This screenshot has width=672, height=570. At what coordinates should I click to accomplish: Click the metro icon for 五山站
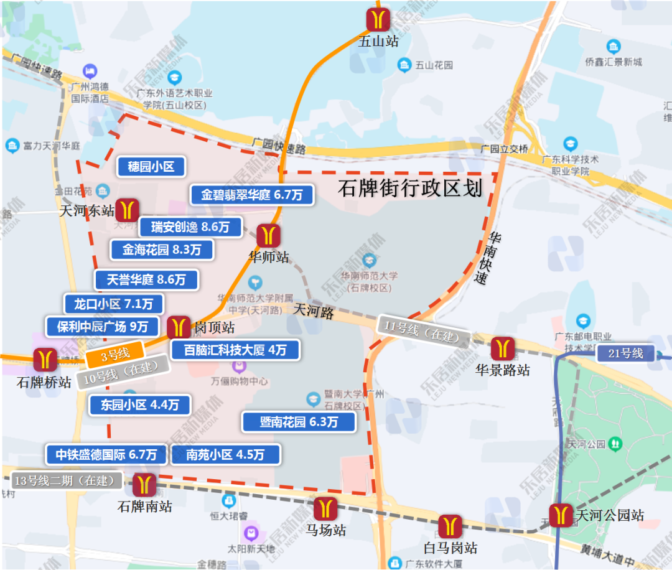tap(378, 19)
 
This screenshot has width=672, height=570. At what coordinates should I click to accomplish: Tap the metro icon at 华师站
tap(269, 236)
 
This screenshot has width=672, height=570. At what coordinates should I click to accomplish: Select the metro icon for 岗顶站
tap(179, 327)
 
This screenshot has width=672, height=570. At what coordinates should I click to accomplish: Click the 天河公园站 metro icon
tap(561, 515)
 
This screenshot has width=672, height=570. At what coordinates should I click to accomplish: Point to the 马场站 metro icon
tap(325, 508)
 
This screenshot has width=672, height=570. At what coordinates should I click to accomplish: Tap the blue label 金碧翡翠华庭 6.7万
tap(251, 195)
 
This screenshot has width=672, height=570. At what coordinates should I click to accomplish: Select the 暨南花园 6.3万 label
tap(299, 422)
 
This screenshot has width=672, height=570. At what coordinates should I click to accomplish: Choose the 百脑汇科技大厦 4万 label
tap(235, 350)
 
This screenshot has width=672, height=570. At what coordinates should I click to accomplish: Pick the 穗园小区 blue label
tap(151, 166)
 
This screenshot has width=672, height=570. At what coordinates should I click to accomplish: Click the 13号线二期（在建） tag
tap(68, 480)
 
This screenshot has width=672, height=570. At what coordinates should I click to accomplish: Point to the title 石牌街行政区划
tap(410, 188)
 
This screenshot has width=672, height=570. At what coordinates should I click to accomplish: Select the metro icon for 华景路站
tap(502, 348)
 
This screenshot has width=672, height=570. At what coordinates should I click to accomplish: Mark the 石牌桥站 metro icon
tap(45, 360)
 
